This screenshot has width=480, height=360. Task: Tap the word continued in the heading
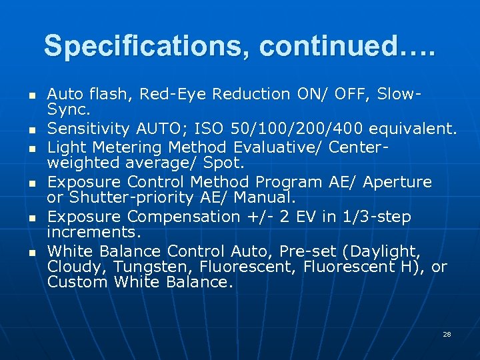tap(324, 47)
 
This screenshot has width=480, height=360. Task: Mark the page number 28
tap(447, 334)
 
